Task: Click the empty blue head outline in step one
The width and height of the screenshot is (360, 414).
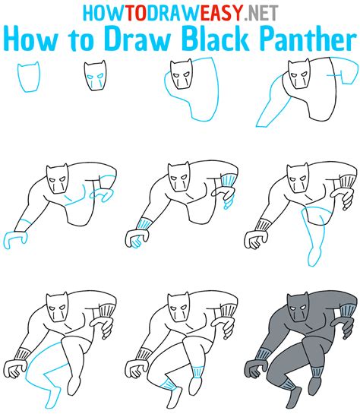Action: pos(29,77)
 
